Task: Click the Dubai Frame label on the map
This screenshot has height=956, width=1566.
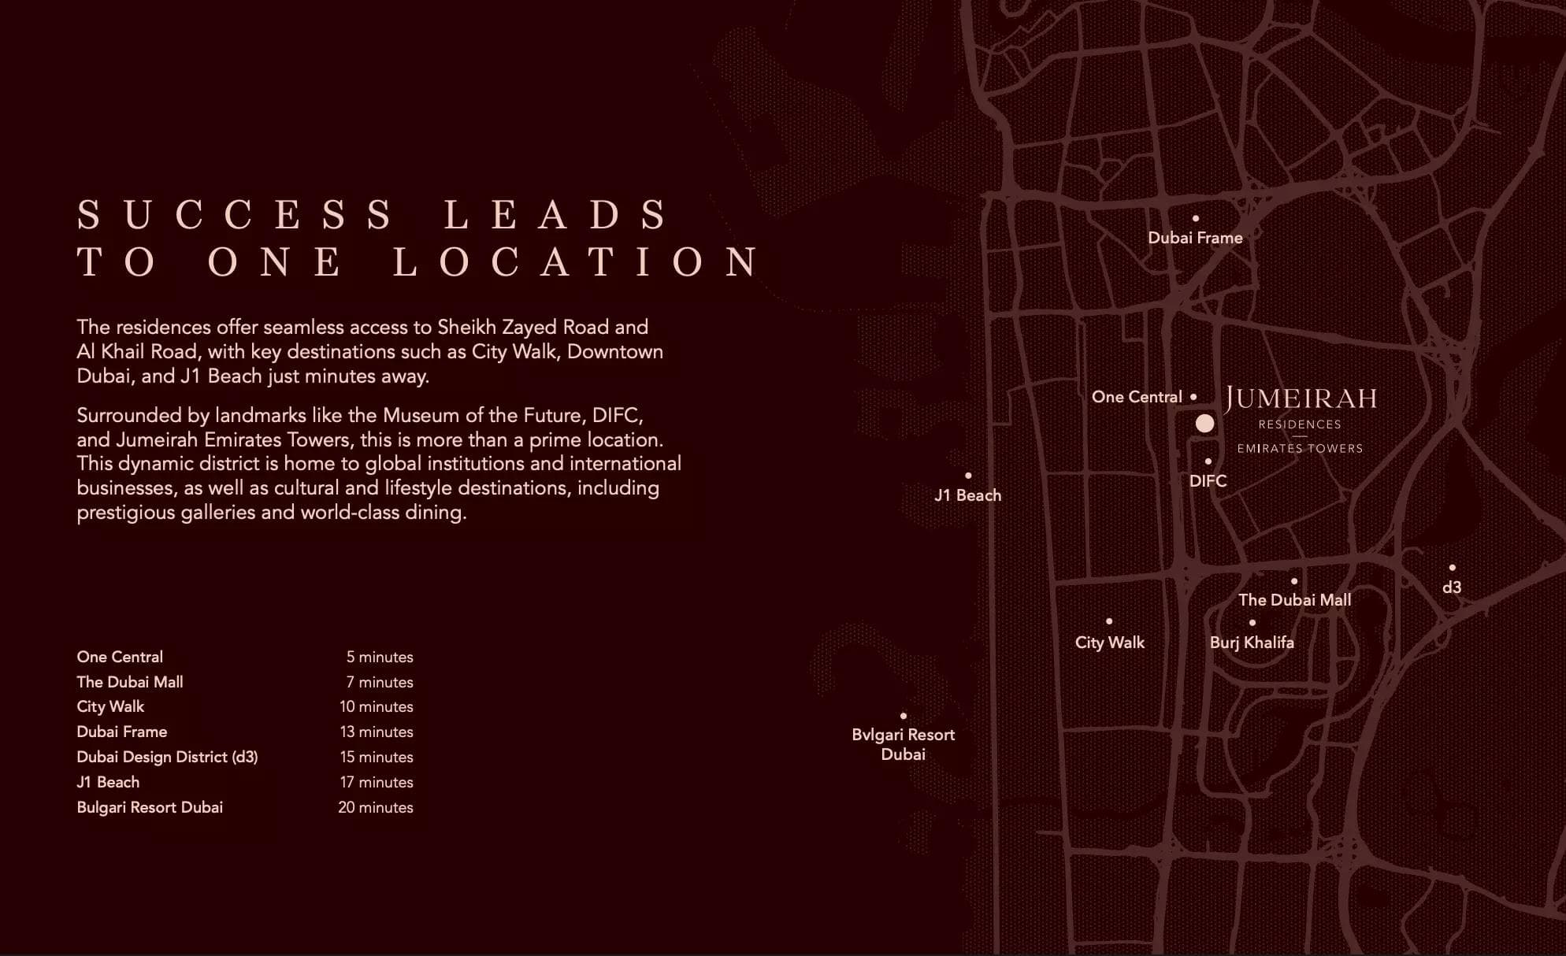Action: [1195, 238]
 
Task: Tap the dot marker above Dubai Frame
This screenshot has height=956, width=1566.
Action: [1196, 218]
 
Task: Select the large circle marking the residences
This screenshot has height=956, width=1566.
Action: [1204, 424]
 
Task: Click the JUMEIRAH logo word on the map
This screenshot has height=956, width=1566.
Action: [1301, 399]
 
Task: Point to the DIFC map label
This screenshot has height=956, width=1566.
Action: [1208, 481]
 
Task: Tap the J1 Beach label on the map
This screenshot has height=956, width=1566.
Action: [967, 495]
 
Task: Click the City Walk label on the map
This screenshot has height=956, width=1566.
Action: [1109, 643]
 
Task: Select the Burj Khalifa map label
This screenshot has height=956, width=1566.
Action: [1252, 643]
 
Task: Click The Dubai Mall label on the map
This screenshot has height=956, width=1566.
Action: [1294, 600]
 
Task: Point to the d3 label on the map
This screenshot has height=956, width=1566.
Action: [1452, 587]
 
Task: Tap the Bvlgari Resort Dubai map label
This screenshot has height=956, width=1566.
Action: [903, 744]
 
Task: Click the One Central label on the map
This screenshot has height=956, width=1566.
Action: [1137, 397]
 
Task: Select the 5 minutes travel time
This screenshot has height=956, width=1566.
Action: [380, 657]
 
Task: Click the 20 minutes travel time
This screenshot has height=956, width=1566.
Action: [376, 807]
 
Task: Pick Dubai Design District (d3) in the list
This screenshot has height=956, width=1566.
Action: [167, 757]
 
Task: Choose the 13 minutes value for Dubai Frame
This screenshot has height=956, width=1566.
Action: [377, 732]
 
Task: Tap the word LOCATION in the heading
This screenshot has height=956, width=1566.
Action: [577, 262]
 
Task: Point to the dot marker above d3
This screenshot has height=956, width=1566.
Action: [1452, 568]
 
